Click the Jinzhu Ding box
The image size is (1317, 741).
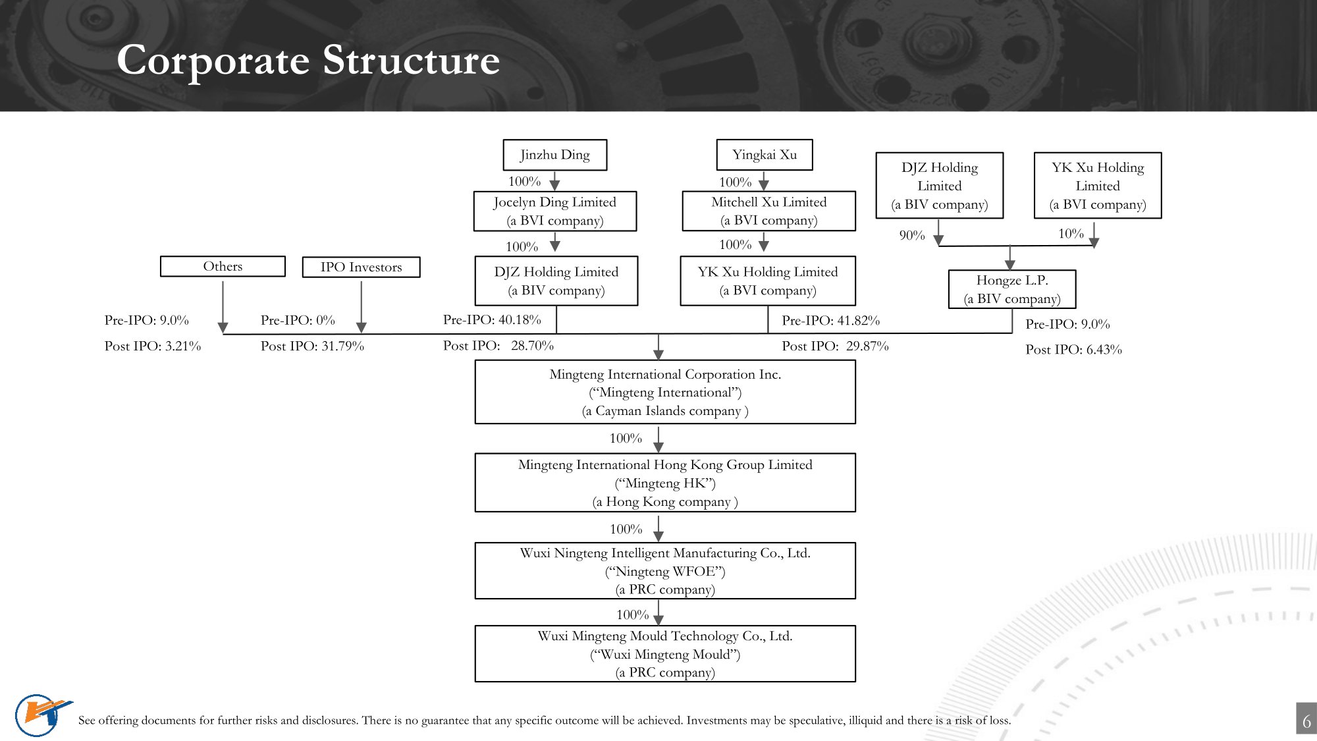(x=554, y=155)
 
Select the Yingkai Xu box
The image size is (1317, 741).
(x=764, y=155)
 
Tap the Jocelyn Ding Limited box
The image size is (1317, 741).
(x=554, y=211)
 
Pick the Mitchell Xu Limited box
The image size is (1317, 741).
(x=768, y=211)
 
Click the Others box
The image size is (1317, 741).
(x=223, y=266)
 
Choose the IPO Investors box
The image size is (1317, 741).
(x=361, y=267)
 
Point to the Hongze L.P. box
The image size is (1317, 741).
(x=1011, y=289)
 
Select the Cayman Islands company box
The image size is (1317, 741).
(x=665, y=393)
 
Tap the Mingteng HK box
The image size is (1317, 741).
(x=665, y=483)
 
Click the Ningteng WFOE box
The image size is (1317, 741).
(x=665, y=571)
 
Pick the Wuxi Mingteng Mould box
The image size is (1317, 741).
(x=665, y=654)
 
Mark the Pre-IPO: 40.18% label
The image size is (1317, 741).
(x=492, y=320)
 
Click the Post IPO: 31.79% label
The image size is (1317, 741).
(x=312, y=346)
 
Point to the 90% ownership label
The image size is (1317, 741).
(x=912, y=235)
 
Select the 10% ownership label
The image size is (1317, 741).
(x=1071, y=234)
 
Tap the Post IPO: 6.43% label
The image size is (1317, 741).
(x=1073, y=350)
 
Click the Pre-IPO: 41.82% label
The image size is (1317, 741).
(x=830, y=321)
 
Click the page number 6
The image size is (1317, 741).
(x=1306, y=721)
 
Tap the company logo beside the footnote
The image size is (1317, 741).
(x=41, y=715)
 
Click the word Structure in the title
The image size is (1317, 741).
(x=411, y=60)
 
